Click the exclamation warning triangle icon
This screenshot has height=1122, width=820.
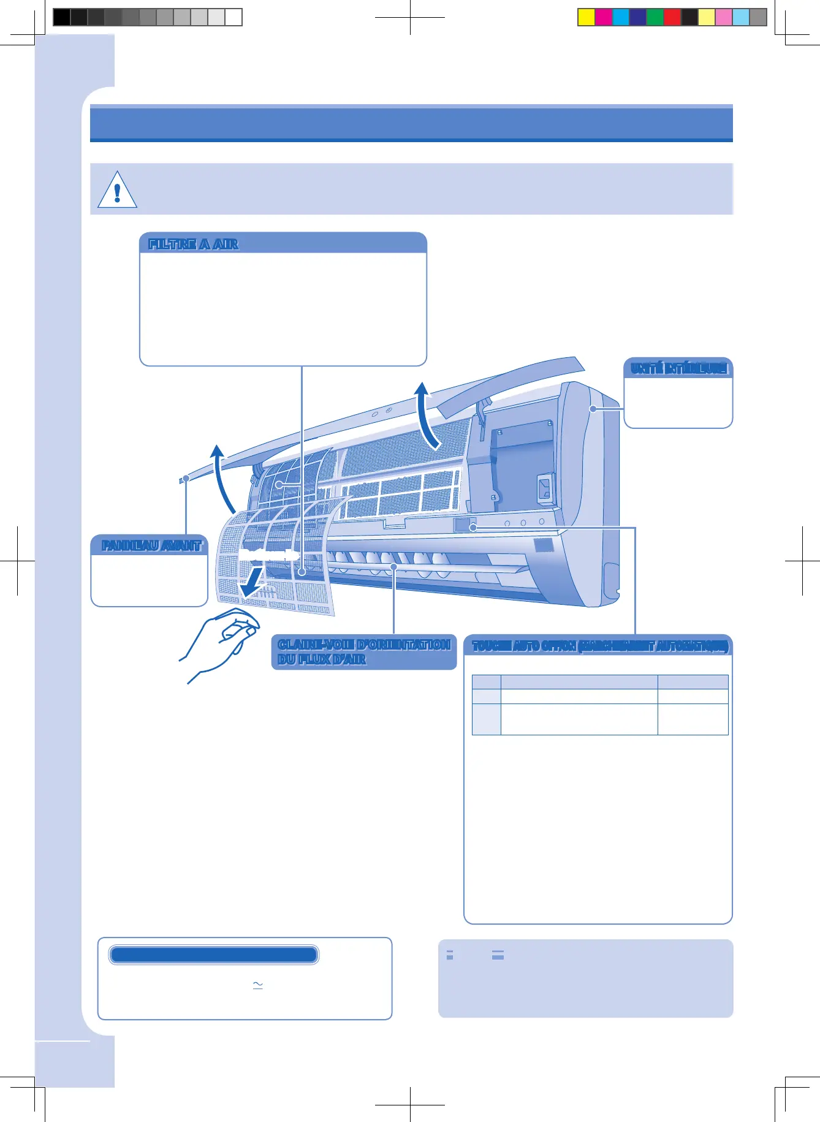point(117,190)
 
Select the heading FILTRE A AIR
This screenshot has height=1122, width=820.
point(193,244)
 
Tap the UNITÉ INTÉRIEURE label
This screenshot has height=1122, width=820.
point(678,368)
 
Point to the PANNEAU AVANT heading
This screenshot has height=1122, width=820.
point(151,545)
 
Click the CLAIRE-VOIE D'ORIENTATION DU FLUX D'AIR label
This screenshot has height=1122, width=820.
point(364,652)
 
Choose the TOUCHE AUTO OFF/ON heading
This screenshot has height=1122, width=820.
point(599,646)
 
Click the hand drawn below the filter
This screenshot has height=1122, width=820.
point(221,643)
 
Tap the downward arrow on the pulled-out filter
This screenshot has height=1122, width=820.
point(253,583)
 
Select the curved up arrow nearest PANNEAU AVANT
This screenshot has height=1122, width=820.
point(223,478)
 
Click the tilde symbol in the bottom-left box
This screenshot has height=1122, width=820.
point(257,985)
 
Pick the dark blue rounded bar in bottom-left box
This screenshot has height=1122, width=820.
point(213,955)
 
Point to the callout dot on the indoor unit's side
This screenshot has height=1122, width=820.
point(593,409)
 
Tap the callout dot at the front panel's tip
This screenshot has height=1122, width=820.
point(186,478)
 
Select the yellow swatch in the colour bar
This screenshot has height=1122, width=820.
point(587,17)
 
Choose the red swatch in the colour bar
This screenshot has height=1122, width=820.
point(672,17)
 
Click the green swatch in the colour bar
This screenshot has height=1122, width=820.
point(655,17)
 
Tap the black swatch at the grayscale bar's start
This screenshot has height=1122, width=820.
point(61,17)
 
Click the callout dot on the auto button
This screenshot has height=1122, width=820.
point(473,527)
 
